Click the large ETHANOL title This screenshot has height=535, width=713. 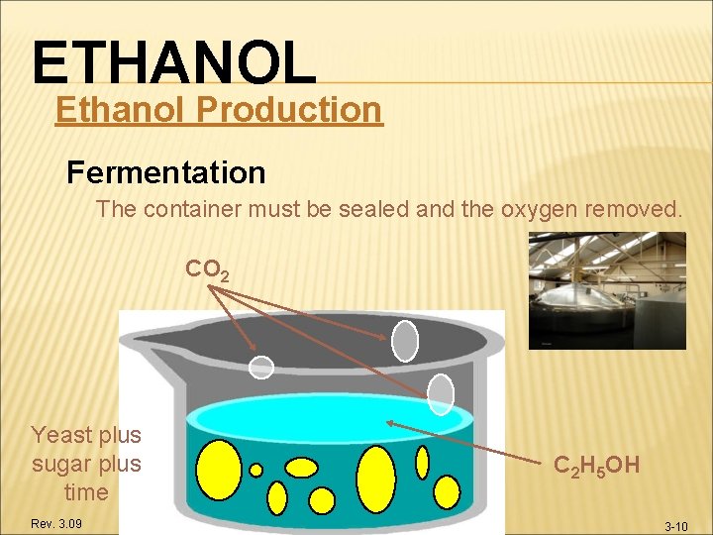(x=173, y=61)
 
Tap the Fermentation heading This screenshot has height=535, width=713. (x=165, y=172)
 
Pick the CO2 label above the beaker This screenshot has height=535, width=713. (x=208, y=269)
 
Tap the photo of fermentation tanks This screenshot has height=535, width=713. (x=606, y=290)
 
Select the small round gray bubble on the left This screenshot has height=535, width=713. (x=260, y=368)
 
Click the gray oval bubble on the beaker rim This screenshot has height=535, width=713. (x=405, y=340)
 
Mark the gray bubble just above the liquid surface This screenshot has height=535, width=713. (x=440, y=394)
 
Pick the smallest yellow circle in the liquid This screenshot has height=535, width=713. (x=255, y=470)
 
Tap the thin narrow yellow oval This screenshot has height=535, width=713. (x=422, y=462)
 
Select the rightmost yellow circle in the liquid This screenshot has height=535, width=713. (x=448, y=490)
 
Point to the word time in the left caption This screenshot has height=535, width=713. (x=86, y=492)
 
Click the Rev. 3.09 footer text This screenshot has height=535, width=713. (x=55, y=522)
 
